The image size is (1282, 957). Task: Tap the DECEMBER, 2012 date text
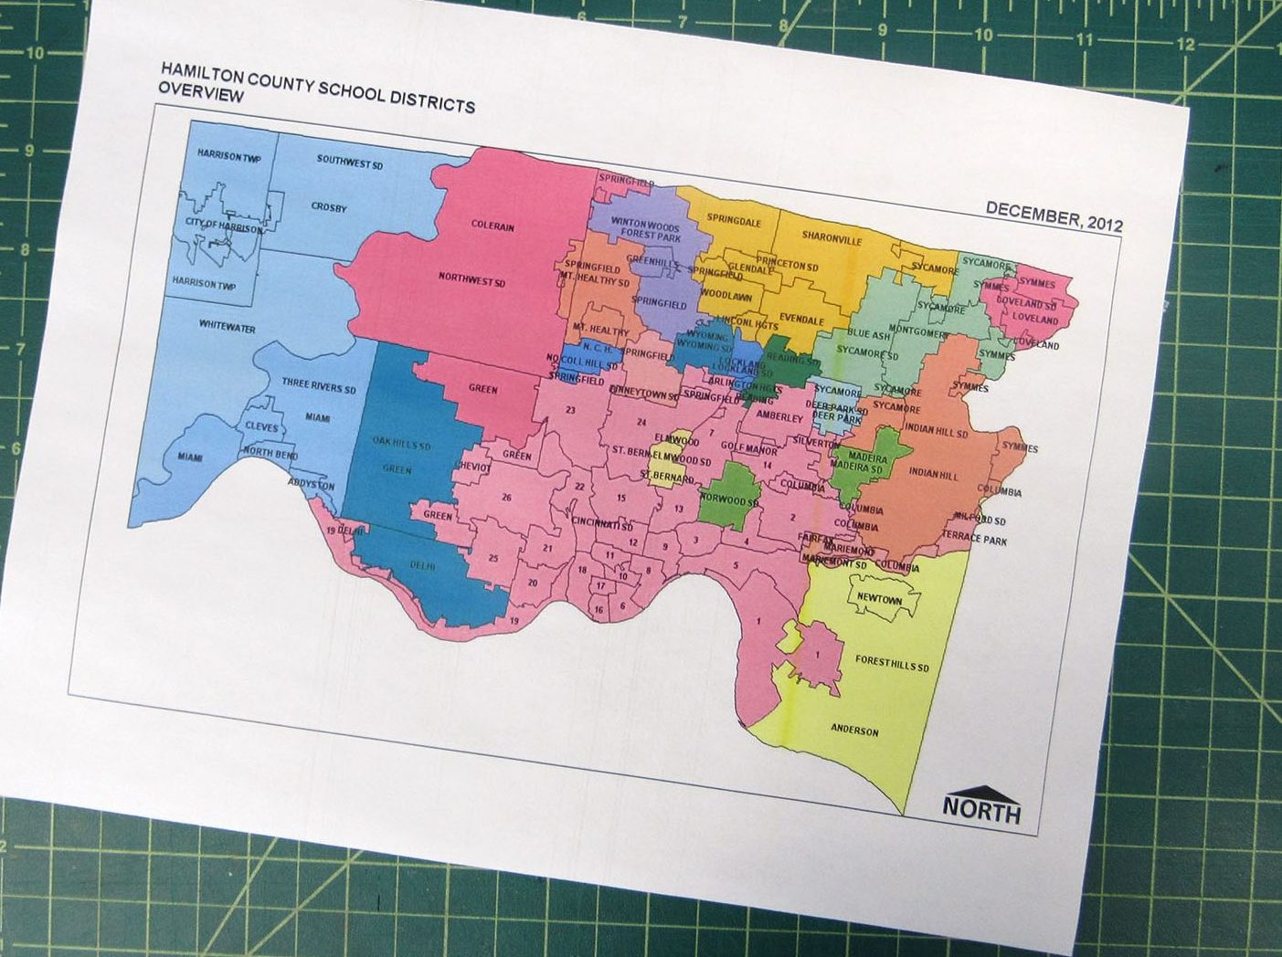(x=1054, y=217)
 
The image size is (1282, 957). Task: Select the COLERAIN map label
(x=493, y=226)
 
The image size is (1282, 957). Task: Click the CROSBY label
(x=328, y=207)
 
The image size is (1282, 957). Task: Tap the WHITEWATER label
(x=227, y=327)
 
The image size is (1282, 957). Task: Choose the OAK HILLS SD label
(x=401, y=445)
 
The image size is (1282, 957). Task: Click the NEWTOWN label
(x=879, y=600)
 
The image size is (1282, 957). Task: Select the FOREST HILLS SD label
(x=891, y=664)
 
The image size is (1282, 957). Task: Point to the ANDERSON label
(x=854, y=731)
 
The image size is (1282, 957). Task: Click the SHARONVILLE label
(x=832, y=237)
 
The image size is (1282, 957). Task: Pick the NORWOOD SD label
(x=729, y=500)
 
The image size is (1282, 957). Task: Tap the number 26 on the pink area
(x=505, y=497)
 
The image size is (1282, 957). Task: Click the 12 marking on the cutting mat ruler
(x=1185, y=44)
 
